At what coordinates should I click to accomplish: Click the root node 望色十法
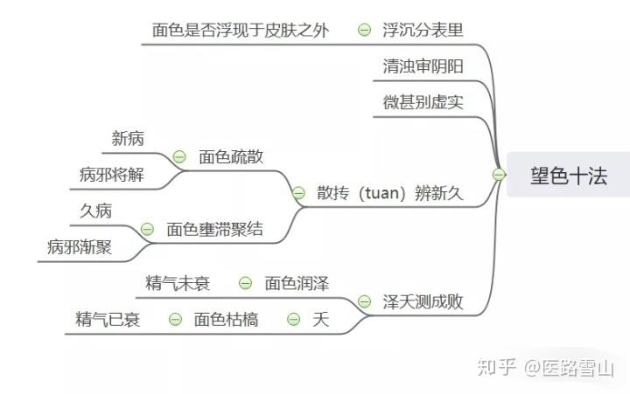(568, 175)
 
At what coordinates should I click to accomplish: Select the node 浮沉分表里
(423, 30)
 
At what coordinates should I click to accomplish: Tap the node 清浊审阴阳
(423, 67)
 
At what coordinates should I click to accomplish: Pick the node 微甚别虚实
(423, 102)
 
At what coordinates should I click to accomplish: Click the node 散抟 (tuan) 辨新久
(389, 193)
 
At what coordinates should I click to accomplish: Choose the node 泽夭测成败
(423, 302)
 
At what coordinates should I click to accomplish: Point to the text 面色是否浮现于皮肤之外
(241, 30)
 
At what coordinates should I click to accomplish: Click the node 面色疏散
(231, 157)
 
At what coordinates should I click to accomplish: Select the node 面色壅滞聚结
(214, 230)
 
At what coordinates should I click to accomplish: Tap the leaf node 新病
(128, 138)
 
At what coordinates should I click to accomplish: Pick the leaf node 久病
(95, 211)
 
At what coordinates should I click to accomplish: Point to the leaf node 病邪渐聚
(80, 247)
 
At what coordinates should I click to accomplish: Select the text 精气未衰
(178, 283)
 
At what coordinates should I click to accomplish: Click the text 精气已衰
(108, 320)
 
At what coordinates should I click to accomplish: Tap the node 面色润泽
(297, 283)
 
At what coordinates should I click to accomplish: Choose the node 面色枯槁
(226, 320)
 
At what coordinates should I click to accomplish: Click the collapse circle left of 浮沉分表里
(364, 30)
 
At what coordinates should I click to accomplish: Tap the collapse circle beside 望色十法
(498, 175)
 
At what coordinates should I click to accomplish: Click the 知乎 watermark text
(494, 368)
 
